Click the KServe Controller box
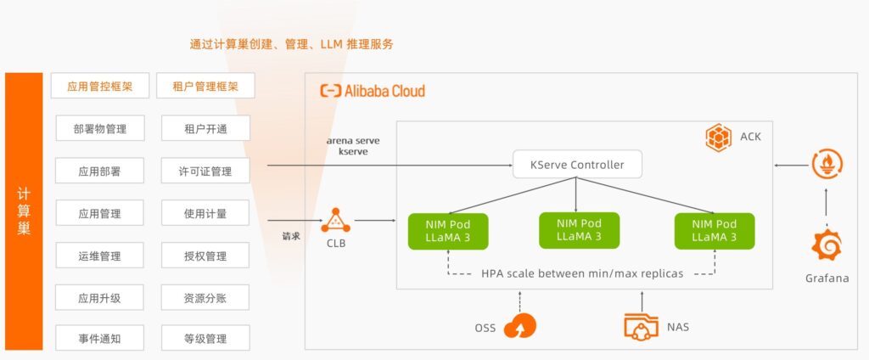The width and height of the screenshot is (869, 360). tap(576, 164)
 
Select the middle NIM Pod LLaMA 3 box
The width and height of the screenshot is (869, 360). tap(580, 229)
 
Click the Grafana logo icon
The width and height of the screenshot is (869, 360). tap(826, 245)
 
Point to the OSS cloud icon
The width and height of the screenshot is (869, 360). tap(519, 326)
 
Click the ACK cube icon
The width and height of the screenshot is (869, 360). tap(719, 138)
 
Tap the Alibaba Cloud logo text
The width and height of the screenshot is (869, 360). tap(373, 91)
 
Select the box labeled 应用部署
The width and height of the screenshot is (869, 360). tap(99, 171)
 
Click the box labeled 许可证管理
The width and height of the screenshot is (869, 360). tap(205, 171)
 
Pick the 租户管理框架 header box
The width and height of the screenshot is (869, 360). tap(205, 86)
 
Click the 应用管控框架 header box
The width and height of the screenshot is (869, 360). tap(99, 86)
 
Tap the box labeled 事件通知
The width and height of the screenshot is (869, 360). tap(99, 339)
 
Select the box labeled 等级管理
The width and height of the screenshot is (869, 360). tap(205, 339)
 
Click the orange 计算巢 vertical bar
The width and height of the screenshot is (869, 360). tap(24, 211)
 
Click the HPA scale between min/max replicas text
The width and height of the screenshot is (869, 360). tap(582, 273)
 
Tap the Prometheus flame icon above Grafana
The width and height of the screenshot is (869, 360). tap(826, 164)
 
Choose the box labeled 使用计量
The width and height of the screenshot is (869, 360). tap(205, 213)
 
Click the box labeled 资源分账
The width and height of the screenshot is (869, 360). tap(205, 297)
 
